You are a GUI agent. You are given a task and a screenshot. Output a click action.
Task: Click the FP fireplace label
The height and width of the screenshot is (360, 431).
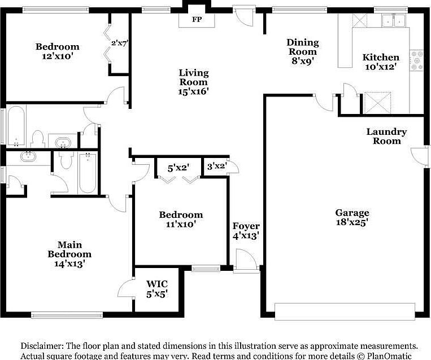tap(197, 19)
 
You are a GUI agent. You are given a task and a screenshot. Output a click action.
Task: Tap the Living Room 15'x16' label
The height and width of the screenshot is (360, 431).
tap(194, 81)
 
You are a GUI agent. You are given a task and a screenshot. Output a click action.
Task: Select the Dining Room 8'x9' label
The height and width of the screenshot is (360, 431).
tap(302, 51)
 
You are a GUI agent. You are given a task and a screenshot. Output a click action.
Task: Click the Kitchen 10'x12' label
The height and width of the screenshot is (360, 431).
tap(380, 62)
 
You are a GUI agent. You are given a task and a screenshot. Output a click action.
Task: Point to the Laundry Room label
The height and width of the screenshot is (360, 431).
tap(386, 136)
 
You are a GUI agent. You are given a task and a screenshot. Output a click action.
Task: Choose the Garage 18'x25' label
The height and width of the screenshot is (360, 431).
tap(352, 217)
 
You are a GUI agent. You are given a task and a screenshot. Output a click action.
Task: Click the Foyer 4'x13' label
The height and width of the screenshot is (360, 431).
tap(246, 231)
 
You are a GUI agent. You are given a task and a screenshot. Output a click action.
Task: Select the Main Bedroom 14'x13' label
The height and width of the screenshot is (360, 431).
tap(69, 254)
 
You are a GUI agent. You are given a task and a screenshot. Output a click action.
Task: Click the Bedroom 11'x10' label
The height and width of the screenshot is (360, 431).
tap(180, 219)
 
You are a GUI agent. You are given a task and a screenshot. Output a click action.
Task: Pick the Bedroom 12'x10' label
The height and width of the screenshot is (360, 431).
tap(57, 51)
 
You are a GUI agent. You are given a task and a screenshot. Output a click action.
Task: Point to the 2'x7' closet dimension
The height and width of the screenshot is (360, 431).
tap(120, 43)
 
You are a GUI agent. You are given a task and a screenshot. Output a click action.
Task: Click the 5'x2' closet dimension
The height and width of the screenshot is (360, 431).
tap(178, 168)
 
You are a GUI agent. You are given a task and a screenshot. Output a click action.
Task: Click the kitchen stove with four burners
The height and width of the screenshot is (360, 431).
tap(416, 60)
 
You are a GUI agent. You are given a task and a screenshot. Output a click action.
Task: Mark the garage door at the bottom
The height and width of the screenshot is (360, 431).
tap(344, 310)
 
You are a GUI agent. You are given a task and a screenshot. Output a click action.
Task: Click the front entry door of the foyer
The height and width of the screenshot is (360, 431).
tap(246, 263)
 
